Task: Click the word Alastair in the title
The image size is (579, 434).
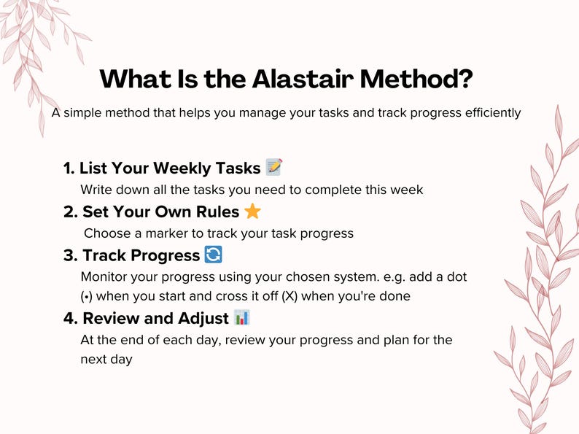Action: tap(303, 78)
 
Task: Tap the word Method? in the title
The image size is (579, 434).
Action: tap(416, 78)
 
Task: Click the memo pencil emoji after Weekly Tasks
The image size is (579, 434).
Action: tap(274, 167)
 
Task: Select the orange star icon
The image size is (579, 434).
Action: tap(252, 212)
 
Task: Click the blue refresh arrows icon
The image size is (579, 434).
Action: tap(214, 255)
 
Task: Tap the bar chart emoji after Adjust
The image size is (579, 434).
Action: tap(242, 317)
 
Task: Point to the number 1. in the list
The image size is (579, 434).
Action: tap(69, 168)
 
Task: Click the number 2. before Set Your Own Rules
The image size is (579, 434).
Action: tap(71, 212)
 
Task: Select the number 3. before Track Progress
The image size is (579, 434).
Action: tap(71, 255)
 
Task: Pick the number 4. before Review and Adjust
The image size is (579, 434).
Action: tap(71, 319)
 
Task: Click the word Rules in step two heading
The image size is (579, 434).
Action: tap(217, 212)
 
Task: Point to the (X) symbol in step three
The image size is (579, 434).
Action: tap(289, 296)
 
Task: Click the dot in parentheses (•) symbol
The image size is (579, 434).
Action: tap(86, 296)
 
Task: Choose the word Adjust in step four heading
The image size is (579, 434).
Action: tap(203, 319)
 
